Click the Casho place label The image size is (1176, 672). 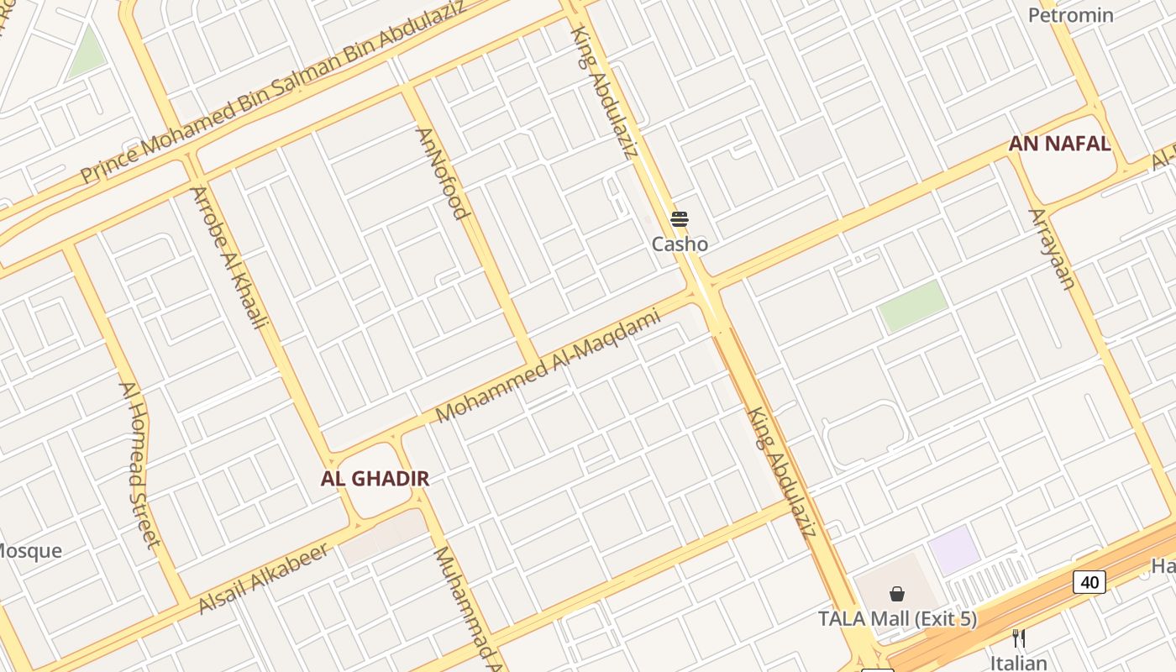pyautogui.click(x=680, y=244)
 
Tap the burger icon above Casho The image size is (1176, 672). pyautogui.click(x=680, y=220)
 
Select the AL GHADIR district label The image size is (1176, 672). pyautogui.click(x=375, y=479)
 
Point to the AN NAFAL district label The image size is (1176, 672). pyautogui.click(x=1059, y=144)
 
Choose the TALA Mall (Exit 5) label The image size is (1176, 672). pyautogui.click(x=897, y=619)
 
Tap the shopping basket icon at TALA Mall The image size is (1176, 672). pyautogui.click(x=897, y=594)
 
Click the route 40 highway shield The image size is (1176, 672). pyautogui.click(x=1089, y=581)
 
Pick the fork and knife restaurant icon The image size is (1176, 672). pyautogui.click(x=1019, y=638)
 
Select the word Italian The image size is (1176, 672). pyautogui.click(x=1019, y=663)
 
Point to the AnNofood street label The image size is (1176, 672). pyautogui.click(x=441, y=173)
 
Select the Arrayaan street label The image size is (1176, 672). pyautogui.click(x=1052, y=249)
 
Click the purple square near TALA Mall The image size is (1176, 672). pyautogui.click(x=953, y=550)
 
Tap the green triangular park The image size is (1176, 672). pyautogui.click(x=87, y=55)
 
